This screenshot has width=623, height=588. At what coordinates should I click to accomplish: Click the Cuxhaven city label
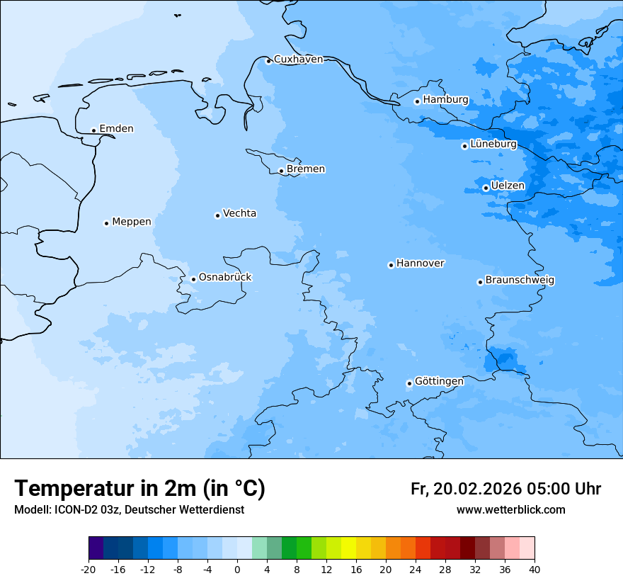298,60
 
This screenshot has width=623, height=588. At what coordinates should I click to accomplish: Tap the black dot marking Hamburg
417,101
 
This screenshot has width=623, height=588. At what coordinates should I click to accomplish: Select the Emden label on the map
116,129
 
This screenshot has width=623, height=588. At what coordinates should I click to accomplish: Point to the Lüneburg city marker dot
464,146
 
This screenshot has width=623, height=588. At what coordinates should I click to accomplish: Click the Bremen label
306,169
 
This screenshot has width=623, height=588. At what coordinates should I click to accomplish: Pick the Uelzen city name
508,186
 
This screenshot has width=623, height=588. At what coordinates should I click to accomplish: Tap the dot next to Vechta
217,215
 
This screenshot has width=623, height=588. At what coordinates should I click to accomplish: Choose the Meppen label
132,222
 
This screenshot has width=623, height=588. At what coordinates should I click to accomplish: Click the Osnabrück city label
225,277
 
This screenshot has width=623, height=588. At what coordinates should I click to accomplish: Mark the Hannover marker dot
391,265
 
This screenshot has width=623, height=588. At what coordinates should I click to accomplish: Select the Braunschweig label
520,281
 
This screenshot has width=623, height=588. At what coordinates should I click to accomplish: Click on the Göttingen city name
439,382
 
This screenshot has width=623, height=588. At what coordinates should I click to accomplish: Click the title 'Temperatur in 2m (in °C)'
139,489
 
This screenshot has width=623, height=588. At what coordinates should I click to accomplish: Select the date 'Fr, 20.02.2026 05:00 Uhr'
505,489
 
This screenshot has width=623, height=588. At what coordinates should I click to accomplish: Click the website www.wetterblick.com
510,510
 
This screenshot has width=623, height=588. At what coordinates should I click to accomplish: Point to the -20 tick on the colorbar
88,569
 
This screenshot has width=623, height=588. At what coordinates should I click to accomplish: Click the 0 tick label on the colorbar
237,569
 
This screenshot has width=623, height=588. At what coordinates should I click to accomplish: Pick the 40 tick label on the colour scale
534,569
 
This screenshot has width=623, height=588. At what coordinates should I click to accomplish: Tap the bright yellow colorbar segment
348,548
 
